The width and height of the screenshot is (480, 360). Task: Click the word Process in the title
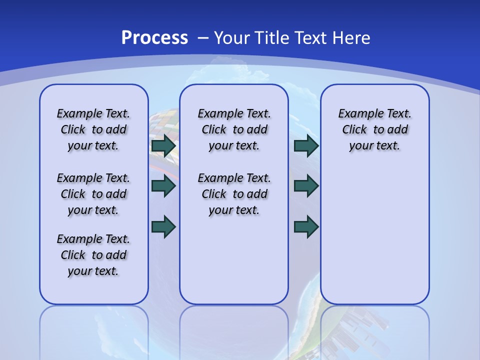click(x=154, y=37)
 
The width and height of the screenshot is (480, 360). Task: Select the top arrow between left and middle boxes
click(x=163, y=146)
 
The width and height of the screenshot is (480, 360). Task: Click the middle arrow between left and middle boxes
click(x=163, y=186)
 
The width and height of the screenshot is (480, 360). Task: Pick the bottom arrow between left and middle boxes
click(x=163, y=226)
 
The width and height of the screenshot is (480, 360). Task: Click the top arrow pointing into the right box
click(x=306, y=146)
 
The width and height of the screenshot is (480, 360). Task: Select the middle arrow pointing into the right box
click(x=306, y=186)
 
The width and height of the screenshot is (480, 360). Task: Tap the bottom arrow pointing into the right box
click(x=306, y=226)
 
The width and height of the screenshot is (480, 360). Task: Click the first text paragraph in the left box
click(x=93, y=129)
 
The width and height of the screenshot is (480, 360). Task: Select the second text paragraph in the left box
click(x=93, y=194)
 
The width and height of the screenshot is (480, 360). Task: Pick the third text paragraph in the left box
click(x=93, y=255)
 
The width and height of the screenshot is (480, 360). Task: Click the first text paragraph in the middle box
click(x=234, y=129)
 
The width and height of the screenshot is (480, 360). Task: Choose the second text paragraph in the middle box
click(x=234, y=194)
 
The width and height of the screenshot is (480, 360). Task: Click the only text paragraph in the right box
click(x=375, y=129)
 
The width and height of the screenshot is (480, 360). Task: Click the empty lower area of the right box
click(x=375, y=240)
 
